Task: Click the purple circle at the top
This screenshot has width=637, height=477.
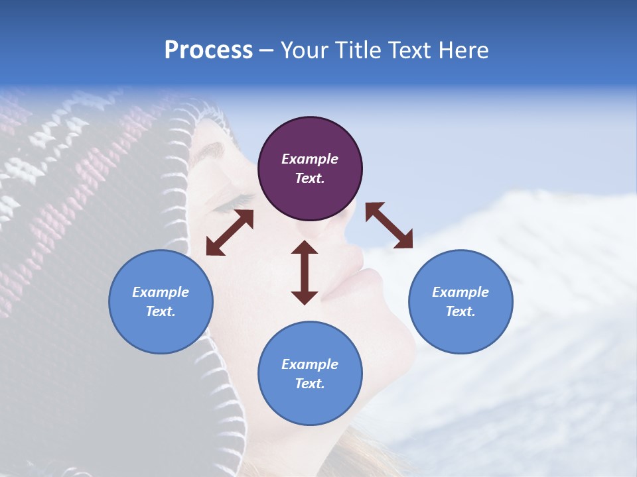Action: click(x=310, y=169)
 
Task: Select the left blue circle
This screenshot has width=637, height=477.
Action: click(x=161, y=301)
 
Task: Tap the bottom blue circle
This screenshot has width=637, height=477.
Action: click(x=310, y=374)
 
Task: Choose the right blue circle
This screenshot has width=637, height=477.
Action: click(x=460, y=301)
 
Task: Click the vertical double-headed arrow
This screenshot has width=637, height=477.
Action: click(x=305, y=272)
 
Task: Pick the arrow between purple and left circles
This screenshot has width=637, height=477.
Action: click(x=230, y=233)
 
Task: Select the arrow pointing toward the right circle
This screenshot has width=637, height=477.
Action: click(x=389, y=225)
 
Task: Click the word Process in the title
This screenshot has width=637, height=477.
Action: click(x=208, y=50)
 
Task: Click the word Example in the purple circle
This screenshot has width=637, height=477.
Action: click(x=310, y=159)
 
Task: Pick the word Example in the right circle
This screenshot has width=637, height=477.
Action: click(x=460, y=292)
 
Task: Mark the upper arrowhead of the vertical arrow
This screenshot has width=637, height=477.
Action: click(x=305, y=249)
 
